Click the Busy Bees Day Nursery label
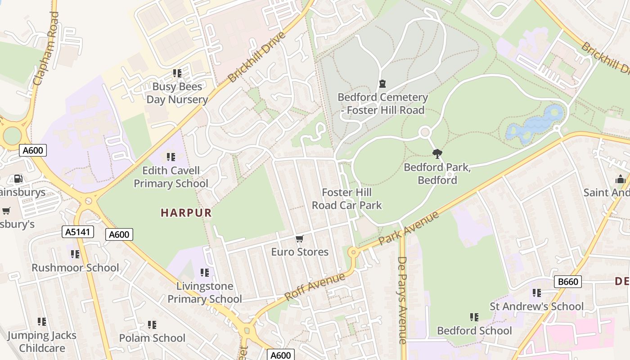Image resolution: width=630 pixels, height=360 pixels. point(177,93)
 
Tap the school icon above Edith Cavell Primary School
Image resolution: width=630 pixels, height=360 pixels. point(171,157)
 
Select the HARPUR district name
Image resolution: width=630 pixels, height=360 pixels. point(186,213)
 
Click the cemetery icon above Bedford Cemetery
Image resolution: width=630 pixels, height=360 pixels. point(382,84)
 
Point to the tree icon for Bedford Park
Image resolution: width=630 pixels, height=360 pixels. point(437,154)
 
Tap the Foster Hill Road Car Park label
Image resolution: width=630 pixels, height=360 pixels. point(346,199)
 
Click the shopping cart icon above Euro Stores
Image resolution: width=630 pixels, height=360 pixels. point(300,238)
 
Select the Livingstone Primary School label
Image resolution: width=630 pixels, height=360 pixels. point(205,292)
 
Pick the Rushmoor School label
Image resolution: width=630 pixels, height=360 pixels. point(75,268)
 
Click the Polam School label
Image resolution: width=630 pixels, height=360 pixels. point(152,338)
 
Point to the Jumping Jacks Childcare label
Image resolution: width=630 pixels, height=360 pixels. point(42,342)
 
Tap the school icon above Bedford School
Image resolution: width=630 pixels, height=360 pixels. point(474,317)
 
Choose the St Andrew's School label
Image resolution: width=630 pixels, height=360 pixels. point(536,306)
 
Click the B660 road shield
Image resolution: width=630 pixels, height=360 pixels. point(567,282)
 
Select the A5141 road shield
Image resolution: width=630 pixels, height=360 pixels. point(78,232)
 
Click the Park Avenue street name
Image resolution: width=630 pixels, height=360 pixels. point(409,229)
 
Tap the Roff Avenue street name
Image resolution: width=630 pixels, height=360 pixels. point(315,286)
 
